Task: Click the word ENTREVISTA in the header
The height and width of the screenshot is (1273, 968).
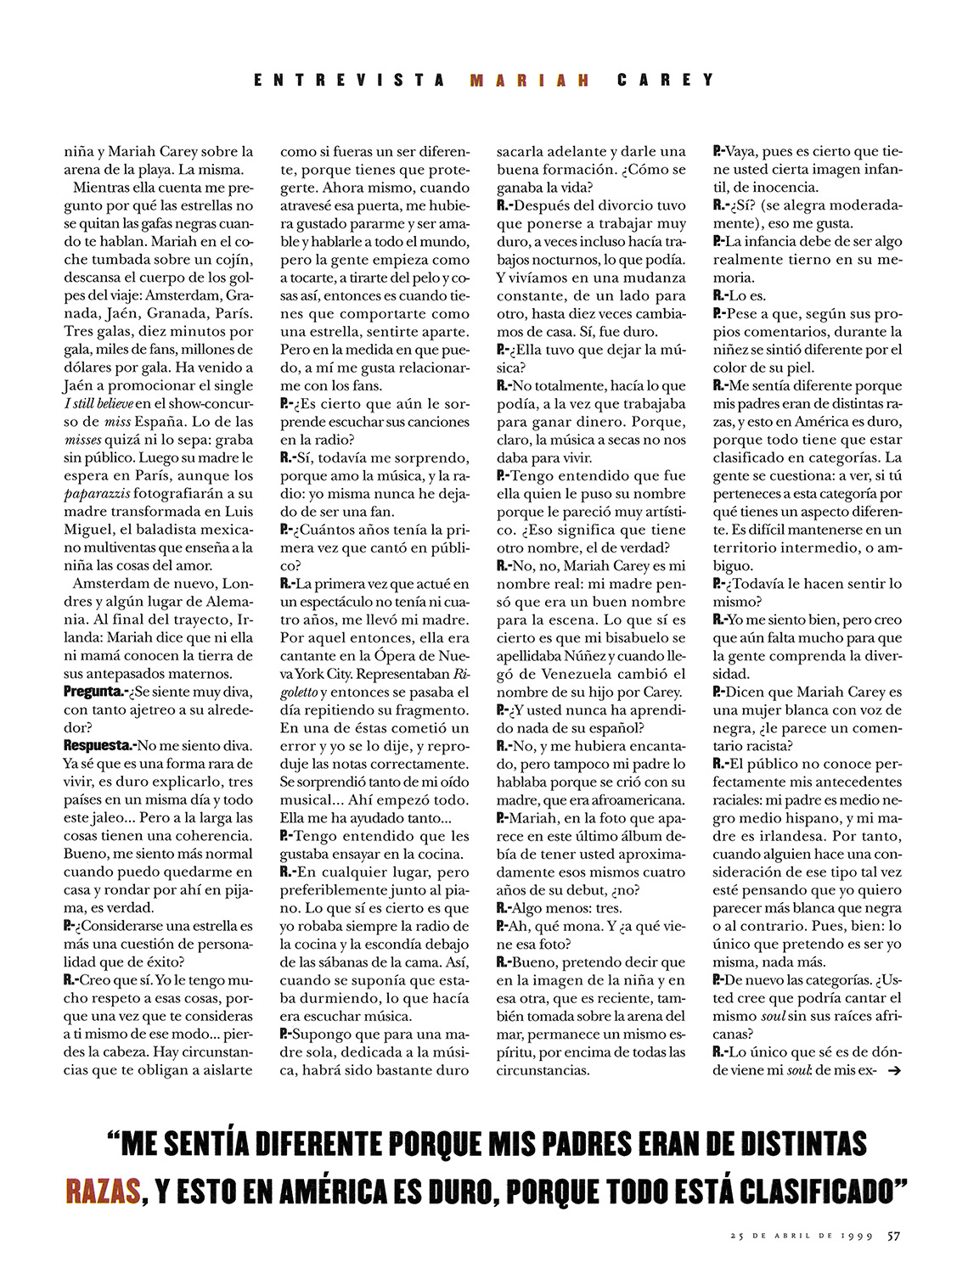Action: tap(349, 81)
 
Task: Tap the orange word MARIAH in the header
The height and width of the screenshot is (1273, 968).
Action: tap(530, 81)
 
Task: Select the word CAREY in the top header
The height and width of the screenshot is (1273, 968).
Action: tap(666, 81)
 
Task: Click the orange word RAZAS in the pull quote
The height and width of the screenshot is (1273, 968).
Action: tap(103, 1192)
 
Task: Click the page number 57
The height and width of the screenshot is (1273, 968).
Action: tap(894, 1235)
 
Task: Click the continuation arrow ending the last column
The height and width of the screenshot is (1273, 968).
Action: tap(892, 1071)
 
